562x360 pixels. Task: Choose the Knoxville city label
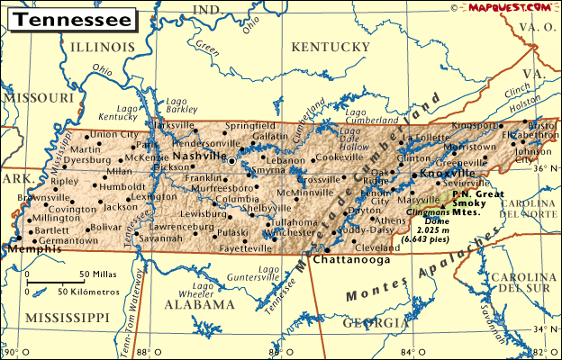(448, 172)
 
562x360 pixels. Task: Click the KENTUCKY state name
(326, 47)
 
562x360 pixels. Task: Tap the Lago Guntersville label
(272, 274)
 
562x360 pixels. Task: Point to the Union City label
(114, 134)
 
